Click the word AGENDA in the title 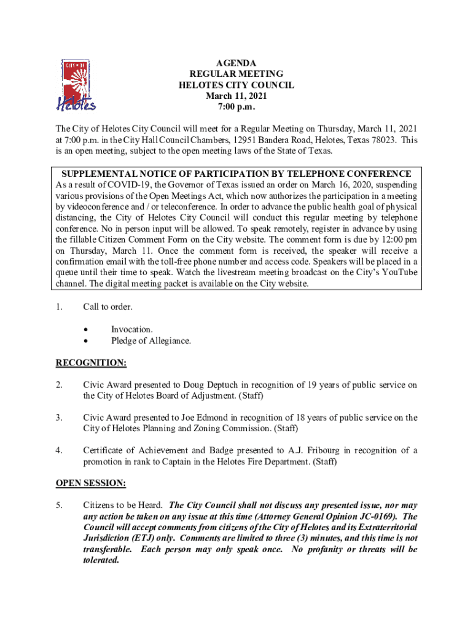click(236, 63)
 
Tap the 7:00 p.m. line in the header click(236, 107)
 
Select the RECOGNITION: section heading click(91, 363)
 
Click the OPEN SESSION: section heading click(91, 483)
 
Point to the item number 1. click(60, 307)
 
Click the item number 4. click(60, 451)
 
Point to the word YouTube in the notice click(399, 273)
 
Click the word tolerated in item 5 click(101, 560)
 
